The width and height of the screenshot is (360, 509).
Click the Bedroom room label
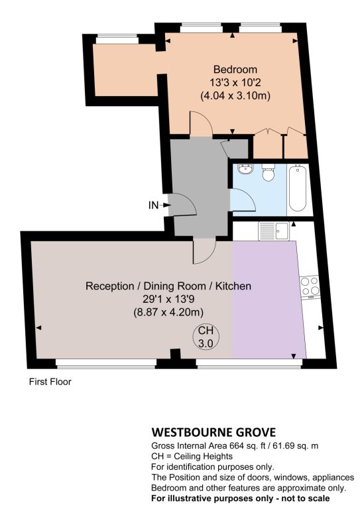click(x=235, y=70)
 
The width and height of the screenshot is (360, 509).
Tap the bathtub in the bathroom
click(x=298, y=188)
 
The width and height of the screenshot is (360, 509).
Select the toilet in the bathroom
click(x=268, y=173)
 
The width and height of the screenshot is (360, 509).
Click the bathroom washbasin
click(x=246, y=169)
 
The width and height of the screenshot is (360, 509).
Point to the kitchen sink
click(x=274, y=231)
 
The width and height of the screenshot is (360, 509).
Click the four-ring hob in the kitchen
click(x=310, y=286)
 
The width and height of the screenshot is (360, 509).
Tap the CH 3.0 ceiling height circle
click(x=206, y=337)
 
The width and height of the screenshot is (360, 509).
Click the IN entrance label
click(x=153, y=205)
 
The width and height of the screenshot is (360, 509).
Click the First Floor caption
click(x=50, y=382)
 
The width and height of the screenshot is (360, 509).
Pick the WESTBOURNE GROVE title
click(x=213, y=432)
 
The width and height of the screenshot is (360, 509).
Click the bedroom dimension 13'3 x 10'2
click(x=235, y=82)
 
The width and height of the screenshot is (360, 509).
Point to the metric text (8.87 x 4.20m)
click(x=168, y=312)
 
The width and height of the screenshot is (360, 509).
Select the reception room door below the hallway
click(x=204, y=251)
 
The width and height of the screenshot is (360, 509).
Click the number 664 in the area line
click(x=237, y=445)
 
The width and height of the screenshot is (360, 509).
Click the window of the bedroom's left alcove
click(x=117, y=40)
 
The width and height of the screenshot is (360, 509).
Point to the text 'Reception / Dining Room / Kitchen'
click(x=168, y=286)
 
